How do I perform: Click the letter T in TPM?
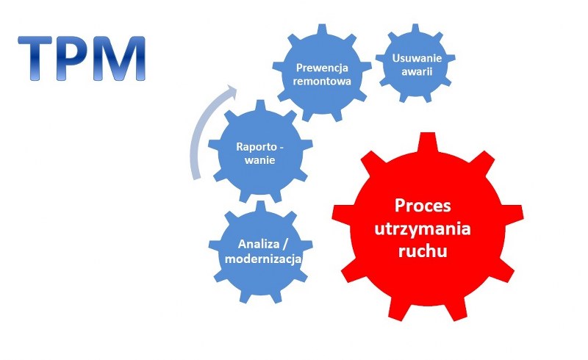pos(35,58)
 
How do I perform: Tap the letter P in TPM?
pos(75,58)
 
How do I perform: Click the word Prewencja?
pos(322,68)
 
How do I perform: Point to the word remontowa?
pos(322,82)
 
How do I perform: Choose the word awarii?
pos(417,71)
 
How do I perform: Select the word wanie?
pos(260,160)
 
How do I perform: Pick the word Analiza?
pos(258,244)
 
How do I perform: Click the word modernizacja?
pos(263,259)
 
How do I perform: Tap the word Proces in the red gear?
pos(423,206)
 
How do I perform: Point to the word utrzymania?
pos(423,228)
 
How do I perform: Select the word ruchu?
pos(423,251)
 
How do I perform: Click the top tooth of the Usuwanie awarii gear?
pos(415,29)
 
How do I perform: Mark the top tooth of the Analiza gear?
pos(260,206)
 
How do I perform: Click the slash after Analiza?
pos(284,244)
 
